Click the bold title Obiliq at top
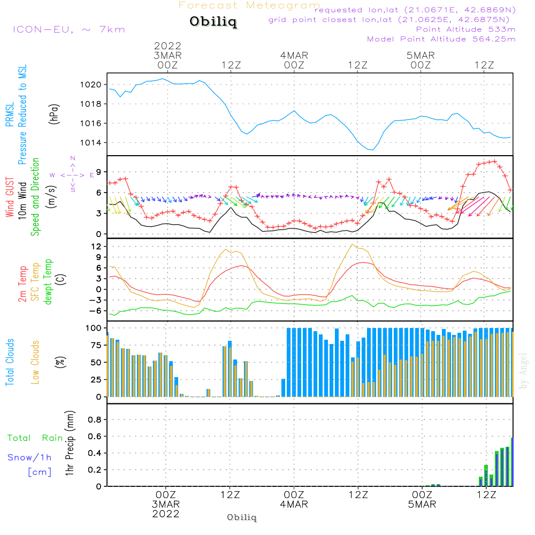click(212, 22)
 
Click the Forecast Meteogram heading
click(249, 5)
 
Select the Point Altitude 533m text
click(465, 29)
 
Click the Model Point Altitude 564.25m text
click(441, 39)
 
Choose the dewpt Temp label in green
click(49, 282)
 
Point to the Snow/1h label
click(30, 457)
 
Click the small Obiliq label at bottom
click(242, 517)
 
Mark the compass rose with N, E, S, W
click(73, 175)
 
